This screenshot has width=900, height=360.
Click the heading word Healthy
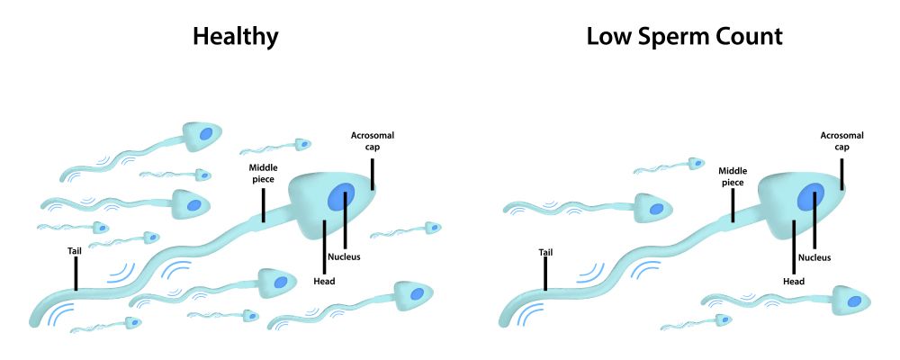(x=235, y=37)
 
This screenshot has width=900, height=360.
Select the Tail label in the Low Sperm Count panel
(x=545, y=252)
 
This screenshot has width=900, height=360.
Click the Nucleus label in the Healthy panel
(x=344, y=256)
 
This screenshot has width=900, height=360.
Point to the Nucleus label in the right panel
(x=814, y=257)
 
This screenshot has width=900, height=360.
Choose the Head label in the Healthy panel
(x=324, y=279)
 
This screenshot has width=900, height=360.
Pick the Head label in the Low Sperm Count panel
(x=794, y=280)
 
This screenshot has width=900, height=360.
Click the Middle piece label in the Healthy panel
(x=263, y=172)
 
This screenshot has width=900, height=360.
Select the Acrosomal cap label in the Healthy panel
(x=373, y=141)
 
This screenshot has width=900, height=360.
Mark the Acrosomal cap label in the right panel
(x=842, y=141)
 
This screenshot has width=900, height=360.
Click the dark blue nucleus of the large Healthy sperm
(x=340, y=197)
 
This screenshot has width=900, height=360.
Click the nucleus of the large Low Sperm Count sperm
(x=810, y=197)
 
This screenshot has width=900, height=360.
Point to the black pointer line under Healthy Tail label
(x=76, y=274)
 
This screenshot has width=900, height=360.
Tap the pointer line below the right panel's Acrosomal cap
(x=842, y=173)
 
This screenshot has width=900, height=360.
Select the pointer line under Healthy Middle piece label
(x=263, y=203)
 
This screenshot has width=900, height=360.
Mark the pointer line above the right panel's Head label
(x=794, y=246)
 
